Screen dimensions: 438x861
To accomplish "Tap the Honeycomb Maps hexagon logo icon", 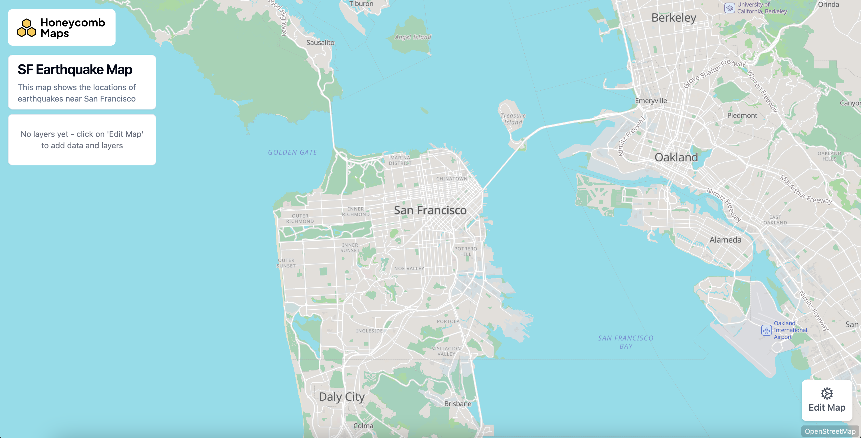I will point(27,28).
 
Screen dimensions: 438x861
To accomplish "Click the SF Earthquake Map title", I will point(75,70).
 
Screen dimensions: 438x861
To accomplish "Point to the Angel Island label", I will point(413,37).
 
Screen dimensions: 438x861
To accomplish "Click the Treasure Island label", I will point(513,119).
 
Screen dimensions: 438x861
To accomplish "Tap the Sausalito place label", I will point(320,42).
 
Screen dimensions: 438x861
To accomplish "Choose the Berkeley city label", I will point(674,18).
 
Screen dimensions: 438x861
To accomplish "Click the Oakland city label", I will point(676,157).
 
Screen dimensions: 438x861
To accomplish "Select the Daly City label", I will point(341,397).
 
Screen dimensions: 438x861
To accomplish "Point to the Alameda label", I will point(725,240).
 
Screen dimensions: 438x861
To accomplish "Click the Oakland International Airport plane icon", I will point(766,330).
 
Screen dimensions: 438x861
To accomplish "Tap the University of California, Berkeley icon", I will point(729,8).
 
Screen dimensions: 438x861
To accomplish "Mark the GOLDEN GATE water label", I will point(292,152).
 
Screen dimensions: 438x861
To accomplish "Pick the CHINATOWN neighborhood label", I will point(452,179).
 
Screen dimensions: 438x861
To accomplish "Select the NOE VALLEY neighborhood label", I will point(409,268).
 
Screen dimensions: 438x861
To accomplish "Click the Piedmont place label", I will point(742,115).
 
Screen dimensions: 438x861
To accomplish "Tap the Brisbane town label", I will point(457,403).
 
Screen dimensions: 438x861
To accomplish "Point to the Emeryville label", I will point(650,101).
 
